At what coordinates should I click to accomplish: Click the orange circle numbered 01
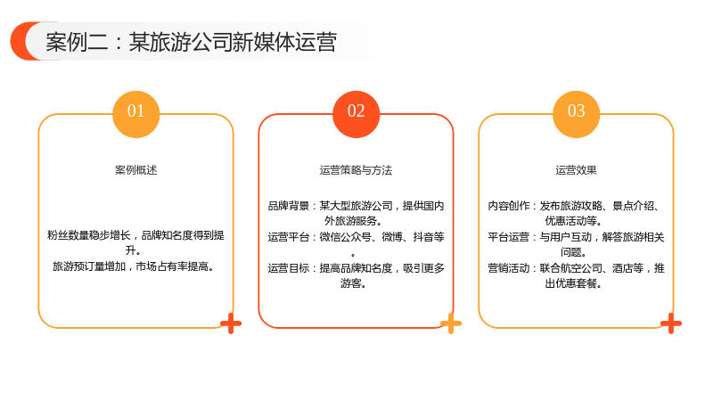point(136,114)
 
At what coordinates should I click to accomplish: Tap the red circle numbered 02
point(356,114)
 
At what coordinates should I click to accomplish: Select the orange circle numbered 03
point(576,114)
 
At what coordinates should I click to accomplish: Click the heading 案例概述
point(136,170)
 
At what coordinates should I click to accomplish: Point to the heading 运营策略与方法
point(356,170)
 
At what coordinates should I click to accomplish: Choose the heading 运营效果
point(576,170)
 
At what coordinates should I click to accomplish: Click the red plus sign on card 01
point(231,323)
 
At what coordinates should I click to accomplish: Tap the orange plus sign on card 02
point(451,323)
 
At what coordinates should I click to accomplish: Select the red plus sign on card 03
point(671,323)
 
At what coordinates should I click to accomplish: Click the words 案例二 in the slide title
point(77,42)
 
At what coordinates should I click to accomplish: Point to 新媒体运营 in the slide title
point(284,42)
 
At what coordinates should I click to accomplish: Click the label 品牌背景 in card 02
point(288,206)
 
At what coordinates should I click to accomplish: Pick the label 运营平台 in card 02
point(288,237)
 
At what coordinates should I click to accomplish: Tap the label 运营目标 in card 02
point(288,268)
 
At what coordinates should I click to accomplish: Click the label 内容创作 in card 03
point(508,206)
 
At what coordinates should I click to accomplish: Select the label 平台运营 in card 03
point(508,237)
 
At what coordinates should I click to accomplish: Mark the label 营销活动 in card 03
point(508,268)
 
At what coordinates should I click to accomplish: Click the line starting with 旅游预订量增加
point(133,266)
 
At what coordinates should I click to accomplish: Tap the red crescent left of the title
point(20,41)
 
